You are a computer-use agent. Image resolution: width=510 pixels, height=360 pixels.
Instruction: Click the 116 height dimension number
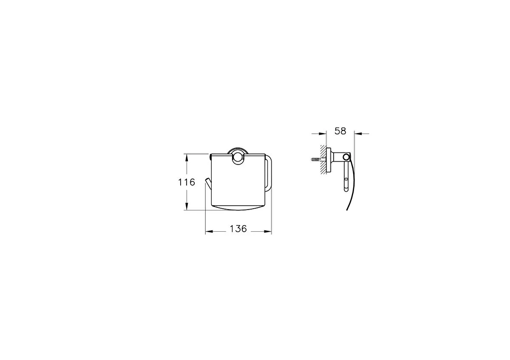[187, 182]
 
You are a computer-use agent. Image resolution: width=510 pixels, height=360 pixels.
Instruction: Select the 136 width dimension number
[238, 229]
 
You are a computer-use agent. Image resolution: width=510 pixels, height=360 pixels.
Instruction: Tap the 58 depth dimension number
[340, 131]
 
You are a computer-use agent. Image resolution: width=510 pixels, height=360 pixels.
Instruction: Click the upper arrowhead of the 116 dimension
[187, 157]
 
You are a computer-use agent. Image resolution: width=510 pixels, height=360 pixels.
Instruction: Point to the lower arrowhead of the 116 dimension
[187, 207]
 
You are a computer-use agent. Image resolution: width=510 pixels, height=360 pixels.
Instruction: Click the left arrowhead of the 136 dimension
[209, 232]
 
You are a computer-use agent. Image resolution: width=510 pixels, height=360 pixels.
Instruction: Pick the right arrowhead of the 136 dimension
[268, 232]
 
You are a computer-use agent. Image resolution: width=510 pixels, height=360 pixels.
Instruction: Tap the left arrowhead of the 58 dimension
[323, 133]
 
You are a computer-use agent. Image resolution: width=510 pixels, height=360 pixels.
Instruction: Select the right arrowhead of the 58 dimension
[358, 133]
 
